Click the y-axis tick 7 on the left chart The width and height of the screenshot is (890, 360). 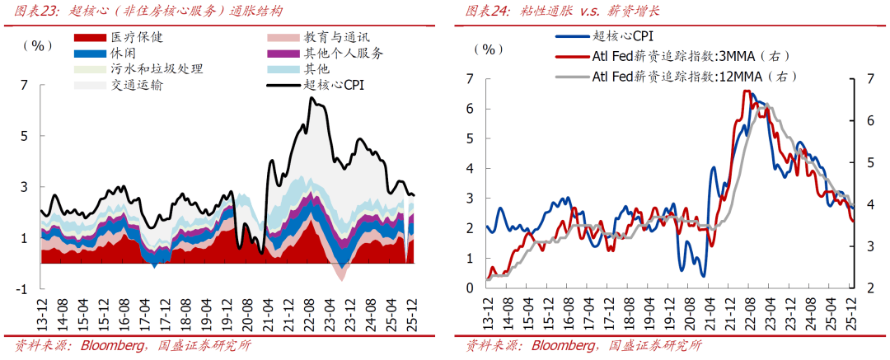pyautogui.click(x=24, y=85)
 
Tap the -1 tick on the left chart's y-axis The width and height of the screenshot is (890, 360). pyautogui.click(x=22, y=289)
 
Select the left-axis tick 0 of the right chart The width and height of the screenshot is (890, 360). pyautogui.click(x=470, y=288)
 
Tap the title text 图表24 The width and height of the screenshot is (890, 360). pyautogui.click(x=486, y=11)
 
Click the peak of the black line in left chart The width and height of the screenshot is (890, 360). pyautogui.click(x=311, y=98)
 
